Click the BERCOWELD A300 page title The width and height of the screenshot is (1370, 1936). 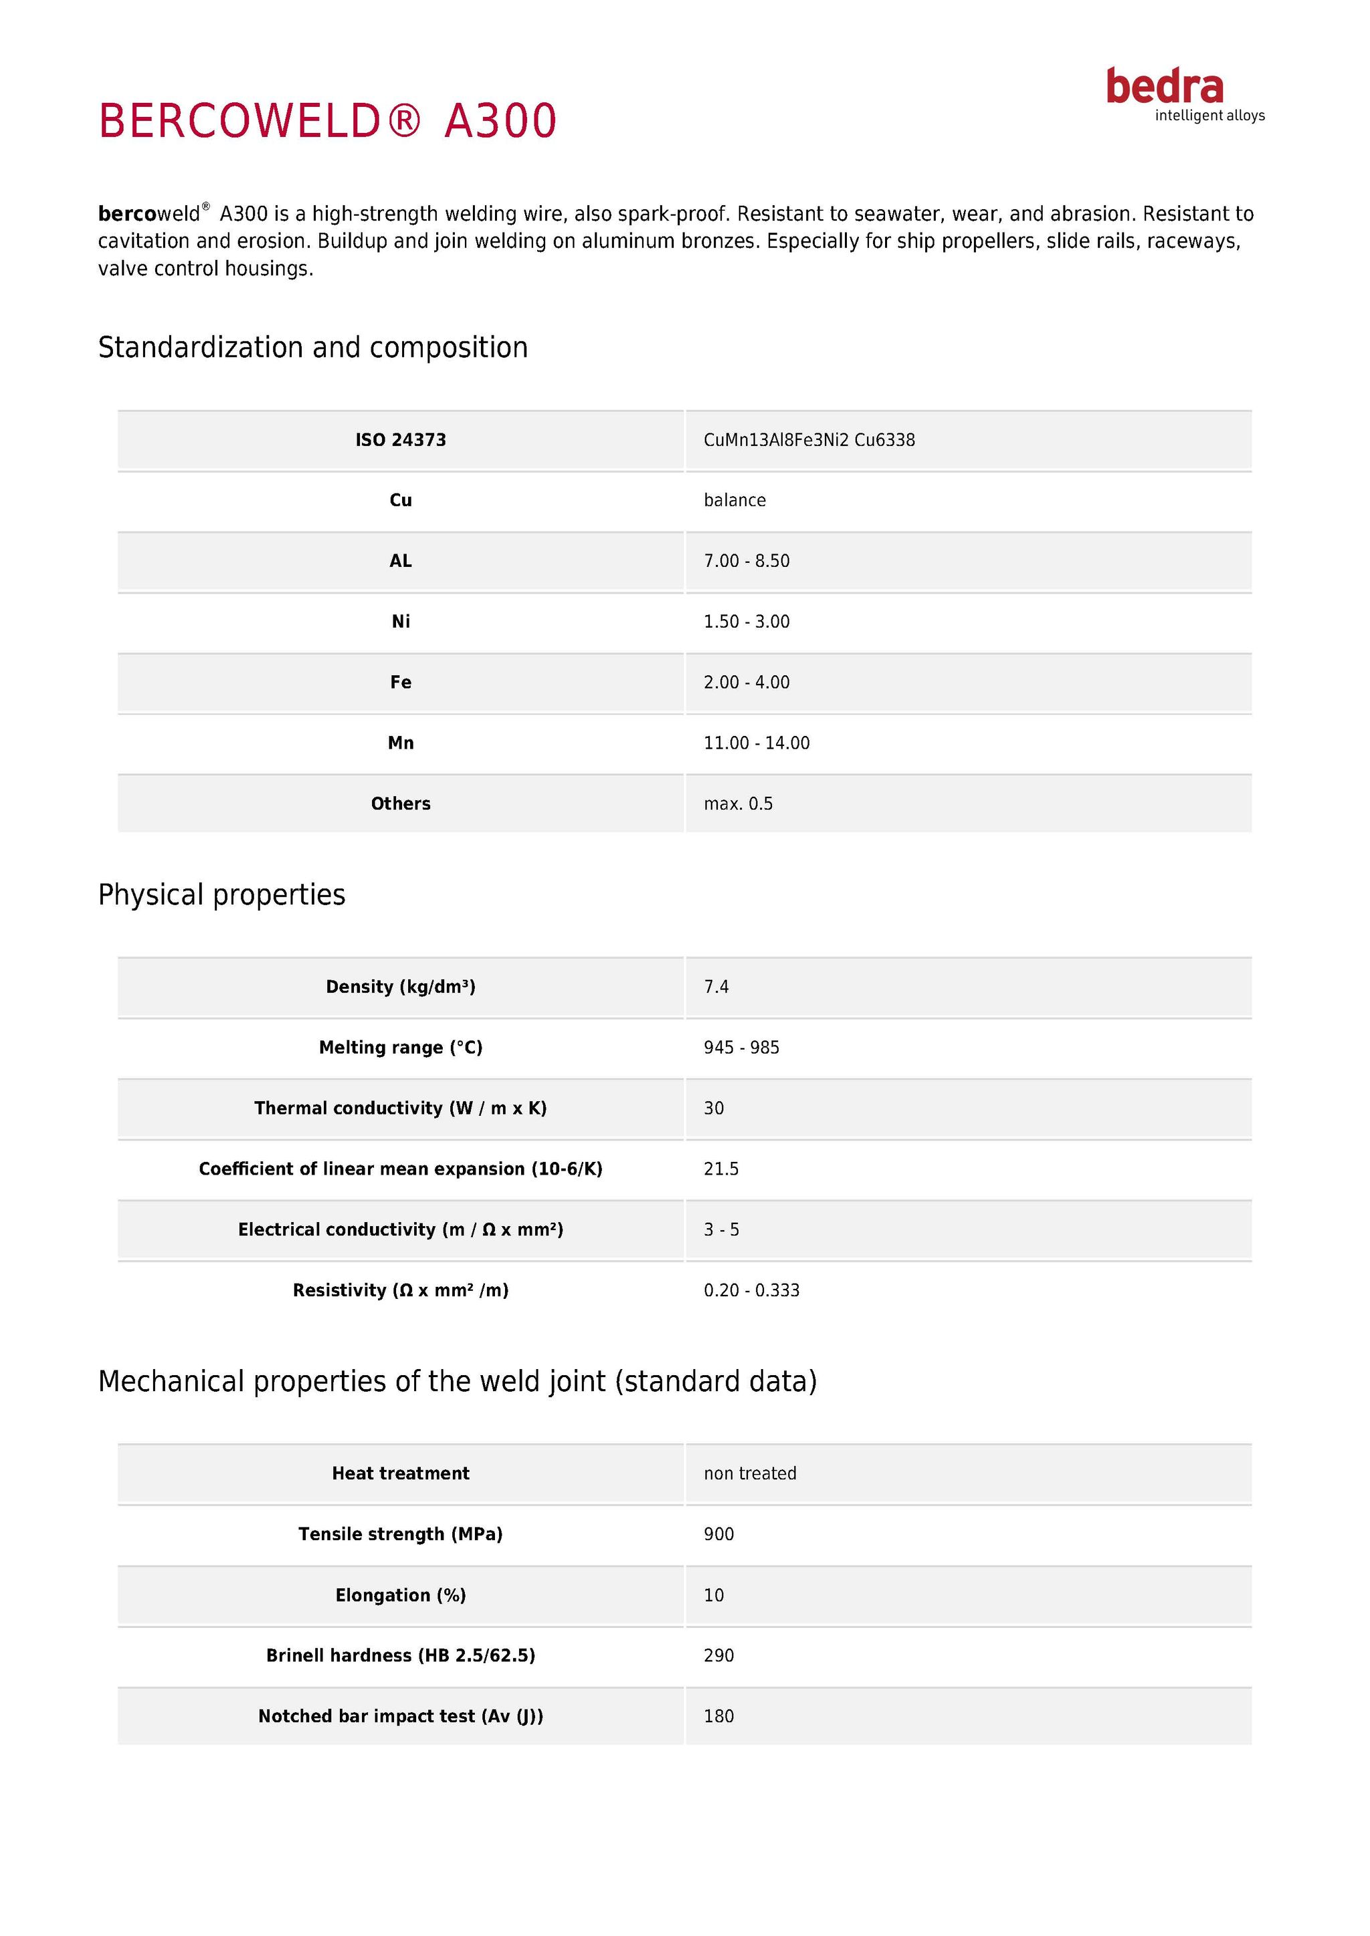(x=327, y=120)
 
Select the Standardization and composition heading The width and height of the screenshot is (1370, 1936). (x=313, y=348)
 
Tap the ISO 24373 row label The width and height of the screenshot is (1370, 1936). (x=401, y=440)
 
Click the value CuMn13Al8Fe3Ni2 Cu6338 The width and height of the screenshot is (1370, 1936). (x=809, y=440)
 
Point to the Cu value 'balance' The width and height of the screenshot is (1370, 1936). (x=735, y=501)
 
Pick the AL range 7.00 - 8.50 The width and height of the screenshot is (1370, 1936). (x=747, y=562)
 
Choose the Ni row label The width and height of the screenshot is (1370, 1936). (x=401, y=622)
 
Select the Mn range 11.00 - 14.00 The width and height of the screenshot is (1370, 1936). (x=757, y=743)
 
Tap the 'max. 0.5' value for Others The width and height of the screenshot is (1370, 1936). (x=738, y=804)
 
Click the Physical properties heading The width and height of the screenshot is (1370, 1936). (x=222, y=894)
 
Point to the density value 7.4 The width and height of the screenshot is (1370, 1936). (x=716, y=987)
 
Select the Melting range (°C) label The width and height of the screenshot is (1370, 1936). (x=401, y=1048)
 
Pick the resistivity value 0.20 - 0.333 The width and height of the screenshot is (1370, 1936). (x=752, y=1291)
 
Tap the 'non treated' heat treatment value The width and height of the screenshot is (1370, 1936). (x=750, y=1474)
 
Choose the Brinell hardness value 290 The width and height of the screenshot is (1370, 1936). (x=718, y=1656)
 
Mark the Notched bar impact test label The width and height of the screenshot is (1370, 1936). (x=401, y=1717)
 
